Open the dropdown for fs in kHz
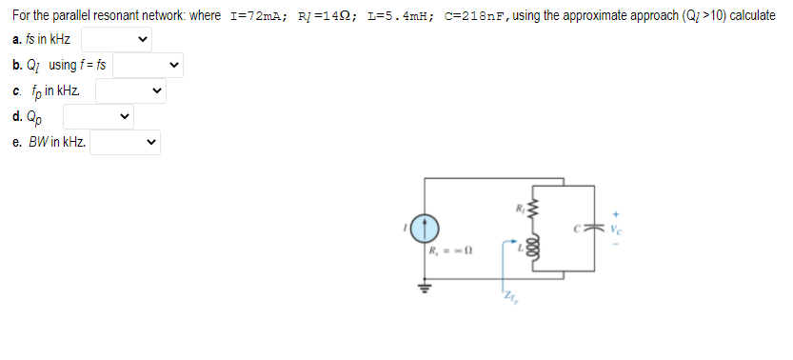[x=116, y=40]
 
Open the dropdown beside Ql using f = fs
[x=147, y=66]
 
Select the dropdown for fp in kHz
[x=129, y=91]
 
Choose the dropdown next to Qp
[x=98, y=117]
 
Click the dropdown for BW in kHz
[x=125, y=143]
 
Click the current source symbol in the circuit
[x=425, y=228]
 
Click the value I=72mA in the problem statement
[x=247, y=18]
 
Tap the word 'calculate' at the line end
[x=751, y=18]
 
